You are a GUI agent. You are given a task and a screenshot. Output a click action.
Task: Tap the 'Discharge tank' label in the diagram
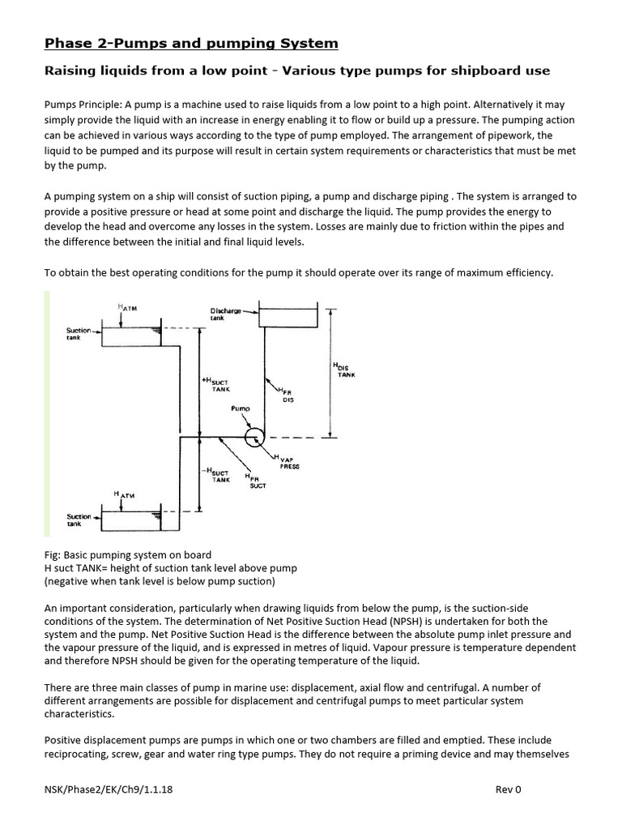(x=221, y=314)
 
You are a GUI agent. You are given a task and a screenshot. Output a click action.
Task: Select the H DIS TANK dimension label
(x=343, y=370)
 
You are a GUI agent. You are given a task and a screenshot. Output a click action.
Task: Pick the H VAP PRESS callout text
(x=289, y=463)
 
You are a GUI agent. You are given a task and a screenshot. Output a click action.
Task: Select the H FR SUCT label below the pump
(x=257, y=482)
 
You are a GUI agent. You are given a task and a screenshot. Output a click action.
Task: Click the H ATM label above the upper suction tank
(x=128, y=307)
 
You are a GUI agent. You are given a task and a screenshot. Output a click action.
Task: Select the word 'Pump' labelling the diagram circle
(x=240, y=409)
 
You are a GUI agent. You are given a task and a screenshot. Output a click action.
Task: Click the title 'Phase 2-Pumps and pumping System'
(x=190, y=43)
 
